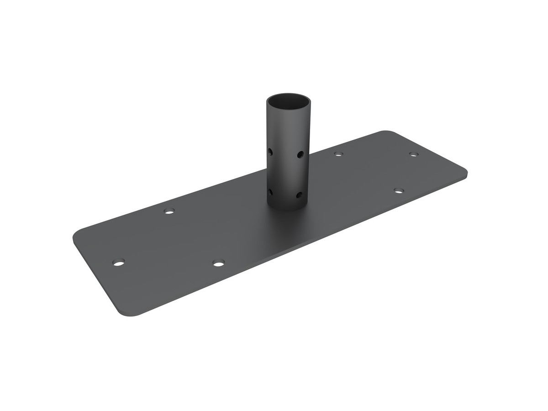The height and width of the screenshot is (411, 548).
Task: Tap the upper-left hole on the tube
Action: [271, 151]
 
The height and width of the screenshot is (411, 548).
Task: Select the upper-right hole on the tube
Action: [300, 154]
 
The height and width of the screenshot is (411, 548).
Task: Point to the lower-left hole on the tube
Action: [271, 192]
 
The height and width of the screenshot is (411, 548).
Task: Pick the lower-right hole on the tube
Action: [300, 195]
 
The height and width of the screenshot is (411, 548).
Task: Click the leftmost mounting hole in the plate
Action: [118, 263]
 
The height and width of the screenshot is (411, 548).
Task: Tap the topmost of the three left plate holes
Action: [169, 211]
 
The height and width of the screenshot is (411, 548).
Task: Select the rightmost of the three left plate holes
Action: [218, 263]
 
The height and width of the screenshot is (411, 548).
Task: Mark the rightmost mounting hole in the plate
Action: [413, 154]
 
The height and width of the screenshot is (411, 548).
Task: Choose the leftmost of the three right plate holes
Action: [338, 154]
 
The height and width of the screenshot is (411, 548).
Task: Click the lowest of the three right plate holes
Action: [399, 190]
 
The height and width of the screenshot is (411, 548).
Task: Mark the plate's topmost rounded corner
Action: [386, 133]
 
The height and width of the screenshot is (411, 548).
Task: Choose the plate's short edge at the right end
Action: [429, 151]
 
